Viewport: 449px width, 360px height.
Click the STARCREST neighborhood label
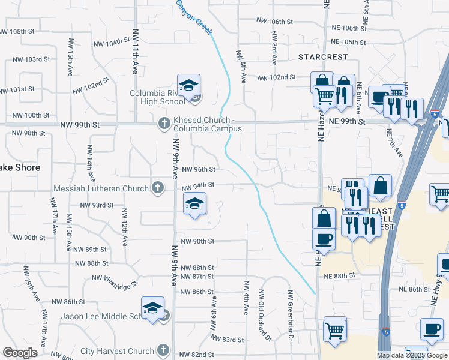coord(323,57)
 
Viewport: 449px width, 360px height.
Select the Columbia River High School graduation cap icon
coord(188,86)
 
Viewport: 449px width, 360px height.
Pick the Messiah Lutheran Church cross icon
coord(157,188)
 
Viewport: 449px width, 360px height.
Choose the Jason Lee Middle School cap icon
coord(153,308)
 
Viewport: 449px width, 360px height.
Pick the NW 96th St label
coord(198,170)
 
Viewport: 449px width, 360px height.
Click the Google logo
coord(20,353)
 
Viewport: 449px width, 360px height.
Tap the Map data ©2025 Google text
coord(411,355)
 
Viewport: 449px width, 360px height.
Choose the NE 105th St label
coord(349,42)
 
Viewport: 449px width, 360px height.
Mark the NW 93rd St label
coord(97,205)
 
